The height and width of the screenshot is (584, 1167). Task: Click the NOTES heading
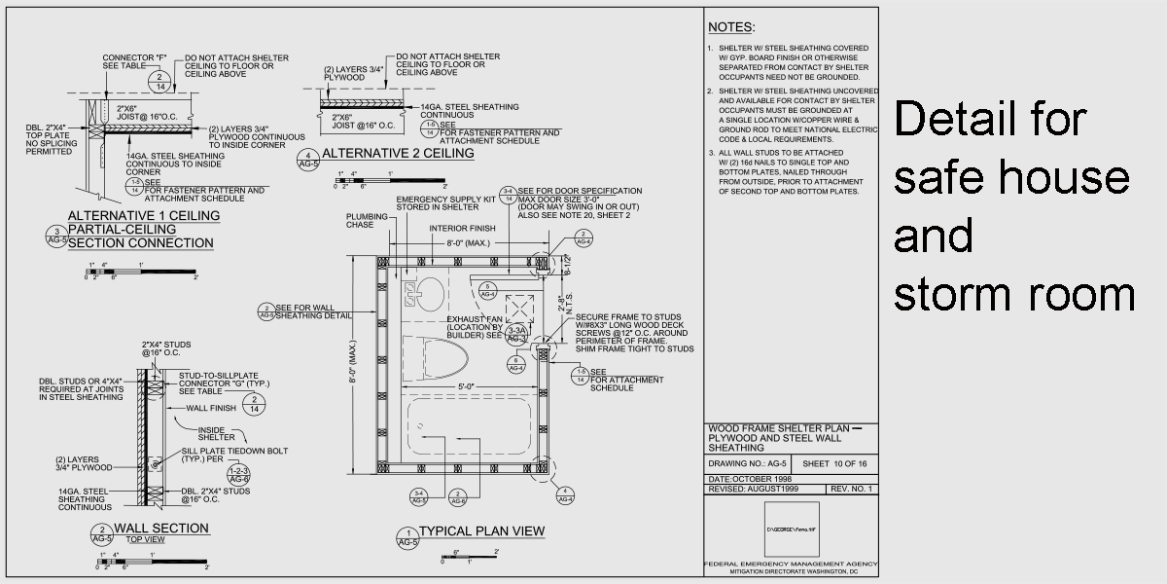tap(730, 27)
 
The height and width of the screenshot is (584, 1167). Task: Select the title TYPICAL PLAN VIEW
tap(481, 531)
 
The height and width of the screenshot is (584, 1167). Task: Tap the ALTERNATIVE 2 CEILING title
tap(384, 154)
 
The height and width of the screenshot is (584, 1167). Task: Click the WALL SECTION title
tap(161, 529)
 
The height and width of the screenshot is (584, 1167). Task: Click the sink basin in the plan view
tap(428, 288)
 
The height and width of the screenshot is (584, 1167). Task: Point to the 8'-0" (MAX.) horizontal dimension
tap(460, 242)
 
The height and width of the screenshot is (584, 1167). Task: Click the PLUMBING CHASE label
tap(364, 220)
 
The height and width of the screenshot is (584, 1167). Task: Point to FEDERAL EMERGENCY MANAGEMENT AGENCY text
tap(791, 564)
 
